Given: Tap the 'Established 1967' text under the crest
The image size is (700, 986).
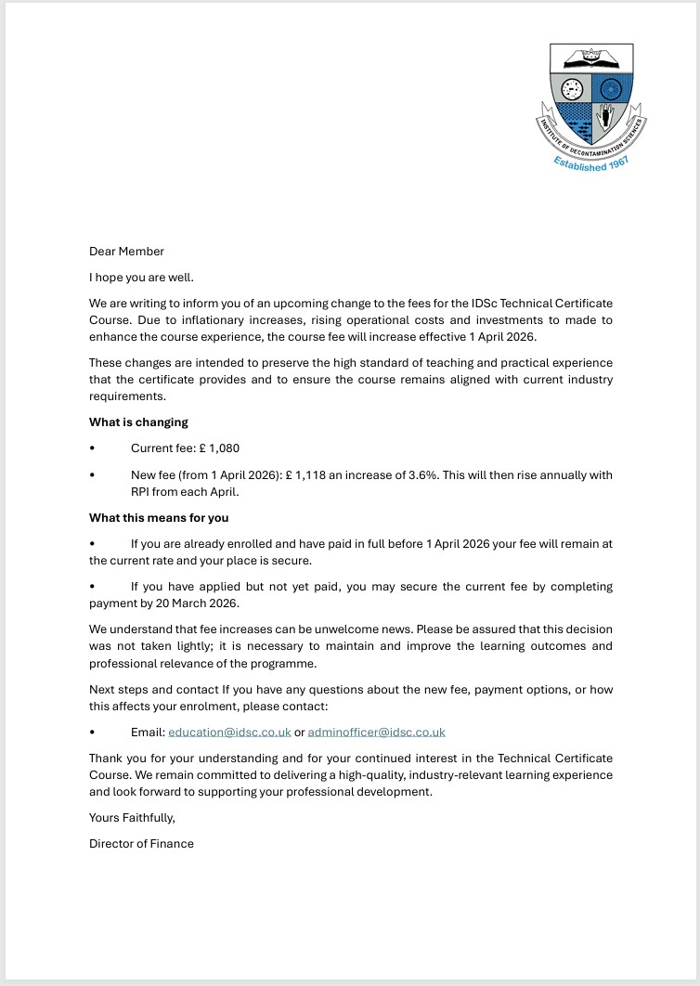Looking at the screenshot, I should point(592,162).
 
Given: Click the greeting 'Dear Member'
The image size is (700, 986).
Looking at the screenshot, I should point(126,252).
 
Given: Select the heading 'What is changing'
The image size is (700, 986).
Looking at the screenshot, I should point(138,422).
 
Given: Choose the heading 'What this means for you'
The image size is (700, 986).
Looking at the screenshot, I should point(159,518).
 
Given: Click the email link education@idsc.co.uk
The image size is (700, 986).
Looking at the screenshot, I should point(229,733).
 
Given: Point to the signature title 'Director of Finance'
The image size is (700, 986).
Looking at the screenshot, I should point(141,844).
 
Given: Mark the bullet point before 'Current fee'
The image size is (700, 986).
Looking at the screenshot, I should point(92,448).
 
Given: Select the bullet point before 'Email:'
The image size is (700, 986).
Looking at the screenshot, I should point(92,733).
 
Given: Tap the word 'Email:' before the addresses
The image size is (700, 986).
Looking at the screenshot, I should point(148,733).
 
